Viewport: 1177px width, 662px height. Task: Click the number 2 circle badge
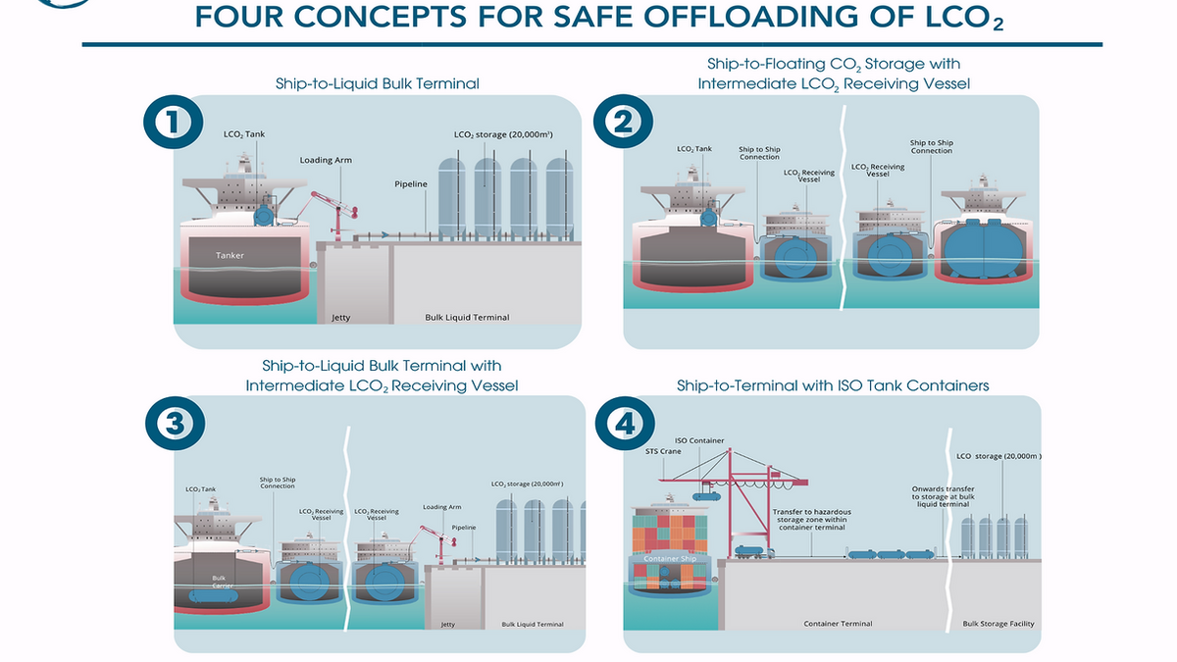click(622, 122)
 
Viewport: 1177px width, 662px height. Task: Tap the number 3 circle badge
click(172, 423)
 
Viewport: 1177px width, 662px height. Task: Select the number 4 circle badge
click(622, 425)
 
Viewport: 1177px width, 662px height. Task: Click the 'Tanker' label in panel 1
click(230, 256)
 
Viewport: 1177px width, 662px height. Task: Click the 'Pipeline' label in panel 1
click(410, 183)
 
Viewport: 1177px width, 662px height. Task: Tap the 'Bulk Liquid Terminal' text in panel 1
click(467, 317)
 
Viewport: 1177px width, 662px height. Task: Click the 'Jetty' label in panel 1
click(340, 317)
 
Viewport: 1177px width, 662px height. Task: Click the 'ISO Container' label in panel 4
click(699, 440)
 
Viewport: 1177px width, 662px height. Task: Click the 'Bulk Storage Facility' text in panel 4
click(998, 624)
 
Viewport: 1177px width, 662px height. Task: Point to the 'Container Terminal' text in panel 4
click(838, 624)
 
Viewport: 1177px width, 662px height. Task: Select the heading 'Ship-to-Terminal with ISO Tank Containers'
click(833, 385)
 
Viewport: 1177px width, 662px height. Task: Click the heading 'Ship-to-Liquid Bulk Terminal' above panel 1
click(378, 83)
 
